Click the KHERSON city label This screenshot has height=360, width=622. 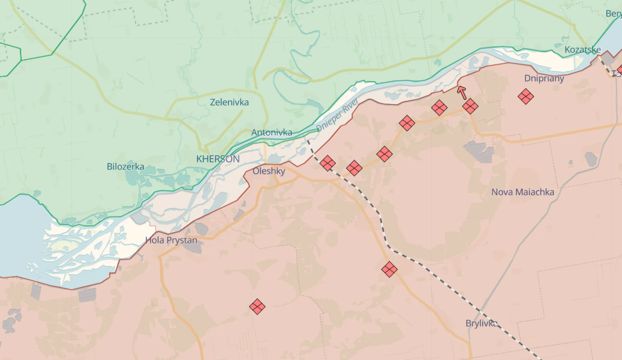218,159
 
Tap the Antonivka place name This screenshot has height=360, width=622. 272,133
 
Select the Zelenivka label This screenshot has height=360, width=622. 229,102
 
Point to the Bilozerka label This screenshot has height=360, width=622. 125,166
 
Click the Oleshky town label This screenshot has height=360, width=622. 269,171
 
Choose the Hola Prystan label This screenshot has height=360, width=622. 171,240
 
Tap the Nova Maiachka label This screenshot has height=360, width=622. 522,192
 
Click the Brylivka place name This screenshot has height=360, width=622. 481,323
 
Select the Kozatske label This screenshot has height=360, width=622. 583,50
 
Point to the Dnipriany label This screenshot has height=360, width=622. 544,78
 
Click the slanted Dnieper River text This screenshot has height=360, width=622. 337,115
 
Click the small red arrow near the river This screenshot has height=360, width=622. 462,92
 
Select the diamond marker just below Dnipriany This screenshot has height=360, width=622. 526,96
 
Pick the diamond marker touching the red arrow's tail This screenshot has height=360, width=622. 470,106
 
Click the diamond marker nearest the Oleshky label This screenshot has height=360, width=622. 328,164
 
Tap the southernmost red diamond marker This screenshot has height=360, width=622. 258,307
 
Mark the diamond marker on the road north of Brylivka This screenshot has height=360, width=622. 389,269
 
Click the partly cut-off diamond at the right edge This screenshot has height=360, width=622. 619,71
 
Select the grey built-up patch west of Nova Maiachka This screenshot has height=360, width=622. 479,151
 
